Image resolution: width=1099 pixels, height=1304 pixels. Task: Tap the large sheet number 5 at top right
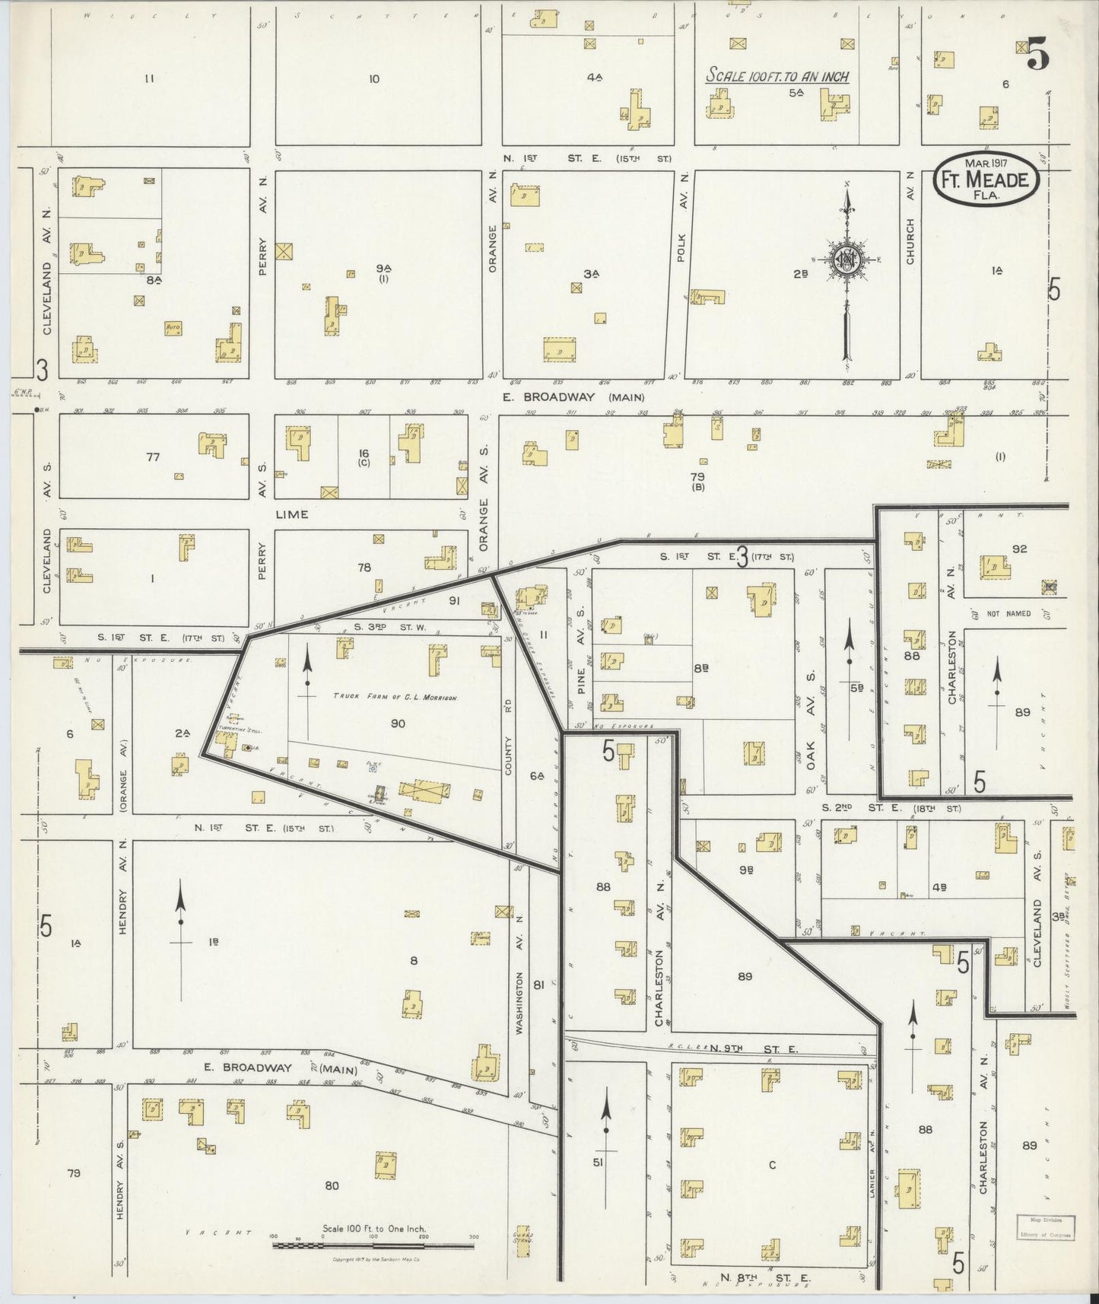pyautogui.click(x=1037, y=55)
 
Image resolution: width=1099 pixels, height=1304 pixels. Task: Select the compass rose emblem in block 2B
pyautogui.click(x=846, y=260)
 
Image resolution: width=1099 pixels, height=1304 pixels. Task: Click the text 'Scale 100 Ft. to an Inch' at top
pyautogui.click(x=777, y=75)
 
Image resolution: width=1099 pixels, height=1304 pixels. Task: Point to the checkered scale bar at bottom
pyautogui.click(x=373, y=1245)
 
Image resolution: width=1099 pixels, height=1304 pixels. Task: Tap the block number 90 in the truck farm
pyautogui.click(x=397, y=724)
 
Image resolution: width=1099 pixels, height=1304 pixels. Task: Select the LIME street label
pyautogui.click(x=292, y=514)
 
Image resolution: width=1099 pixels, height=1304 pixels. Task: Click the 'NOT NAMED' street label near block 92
pyautogui.click(x=1008, y=613)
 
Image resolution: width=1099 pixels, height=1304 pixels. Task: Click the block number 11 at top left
pyautogui.click(x=149, y=78)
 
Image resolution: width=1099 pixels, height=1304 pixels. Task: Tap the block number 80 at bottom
pyautogui.click(x=332, y=1185)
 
